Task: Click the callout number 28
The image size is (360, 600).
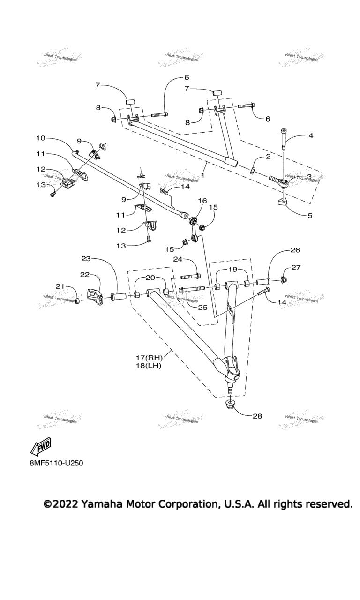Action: click(257, 416)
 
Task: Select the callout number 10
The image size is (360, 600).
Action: click(40, 138)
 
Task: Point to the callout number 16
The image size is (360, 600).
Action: click(202, 200)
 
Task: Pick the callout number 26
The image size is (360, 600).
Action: click(295, 250)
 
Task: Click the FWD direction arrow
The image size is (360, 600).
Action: click(41, 447)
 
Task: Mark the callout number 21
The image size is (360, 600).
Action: click(60, 287)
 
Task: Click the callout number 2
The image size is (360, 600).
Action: click(268, 157)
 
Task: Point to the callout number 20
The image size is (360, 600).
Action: click(150, 277)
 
